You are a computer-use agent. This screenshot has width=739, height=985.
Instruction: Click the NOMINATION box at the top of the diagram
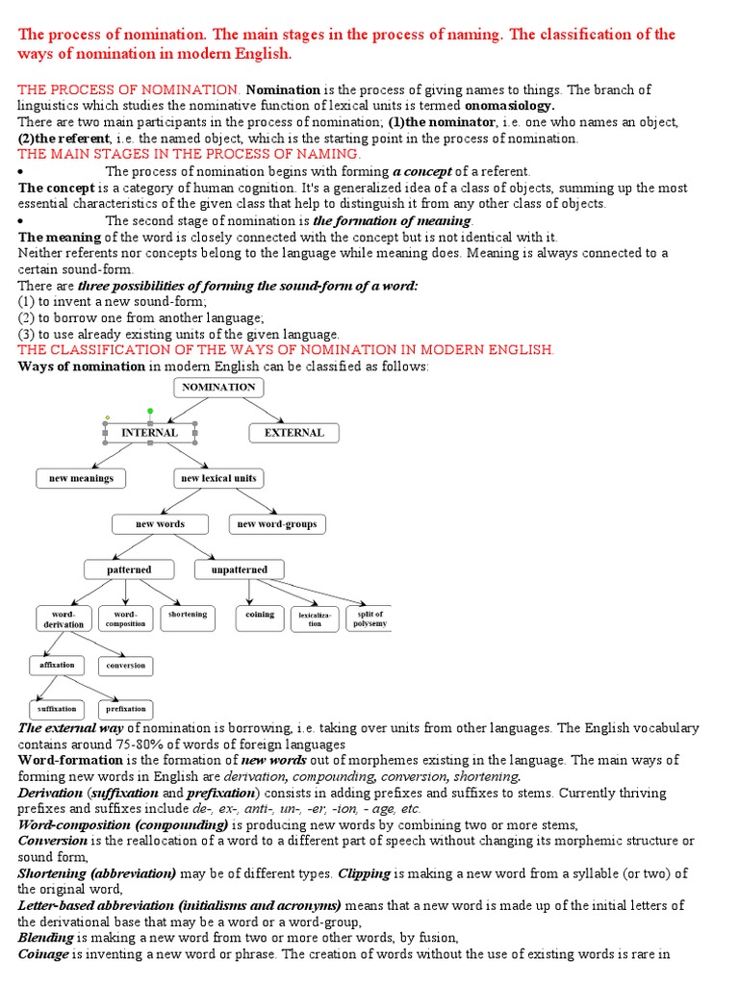point(218,387)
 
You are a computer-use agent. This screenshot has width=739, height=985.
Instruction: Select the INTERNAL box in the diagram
point(149,433)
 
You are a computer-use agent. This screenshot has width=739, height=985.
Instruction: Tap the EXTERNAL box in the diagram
point(294,433)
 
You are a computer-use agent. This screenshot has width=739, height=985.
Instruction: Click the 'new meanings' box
point(81,478)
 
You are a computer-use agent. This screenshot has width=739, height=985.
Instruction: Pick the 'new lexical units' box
point(219,478)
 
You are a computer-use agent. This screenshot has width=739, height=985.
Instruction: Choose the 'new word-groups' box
point(276,524)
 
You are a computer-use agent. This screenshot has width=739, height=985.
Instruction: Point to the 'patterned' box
point(129,569)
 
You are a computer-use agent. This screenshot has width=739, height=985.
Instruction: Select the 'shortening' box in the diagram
point(188,616)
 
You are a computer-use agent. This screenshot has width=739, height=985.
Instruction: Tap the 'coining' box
point(260,616)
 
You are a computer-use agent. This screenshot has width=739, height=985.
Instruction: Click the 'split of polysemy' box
point(369,619)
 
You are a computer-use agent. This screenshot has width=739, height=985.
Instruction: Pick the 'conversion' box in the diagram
point(126,665)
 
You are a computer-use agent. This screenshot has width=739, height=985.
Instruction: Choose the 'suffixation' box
point(57,710)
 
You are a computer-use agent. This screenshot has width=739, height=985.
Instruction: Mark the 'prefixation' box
point(126,710)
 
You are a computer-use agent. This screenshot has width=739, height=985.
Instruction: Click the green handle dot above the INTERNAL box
point(149,411)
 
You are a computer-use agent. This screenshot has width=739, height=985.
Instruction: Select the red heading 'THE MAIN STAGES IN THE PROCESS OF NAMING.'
point(190,154)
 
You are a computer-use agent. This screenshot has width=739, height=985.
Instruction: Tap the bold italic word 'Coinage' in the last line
point(44,953)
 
